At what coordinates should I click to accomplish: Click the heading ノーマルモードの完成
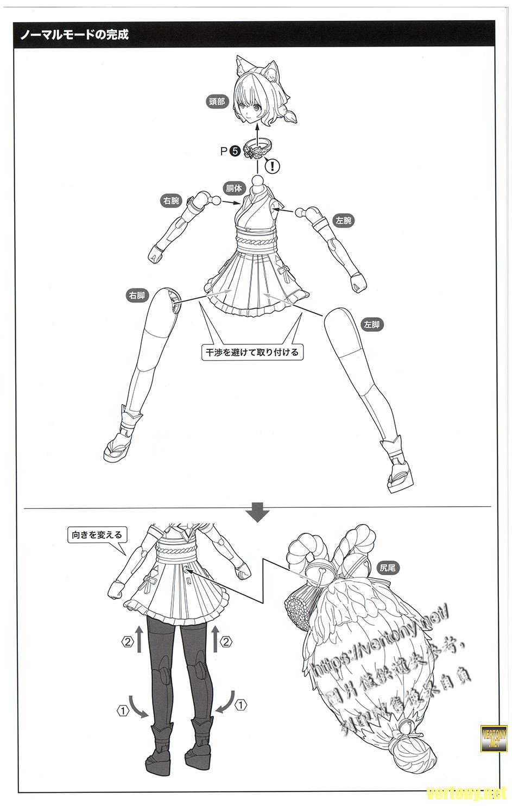pyautogui.click(x=75, y=36)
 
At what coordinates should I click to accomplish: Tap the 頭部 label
pyautogui.click(x=217, y=101)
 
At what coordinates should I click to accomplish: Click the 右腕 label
pyautogui.click(x=171, y=201)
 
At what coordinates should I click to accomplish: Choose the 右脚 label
pyautogui.click(x=137, y=296)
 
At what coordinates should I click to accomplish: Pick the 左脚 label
pyautogui.click(x=372, y=324)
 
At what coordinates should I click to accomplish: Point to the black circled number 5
pyautogui.click(x=235, y=152)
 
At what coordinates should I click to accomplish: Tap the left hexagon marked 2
pyautogui.click(x=127, y=642)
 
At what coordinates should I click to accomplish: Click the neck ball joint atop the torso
pyautogui.click(x=258, y=180)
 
